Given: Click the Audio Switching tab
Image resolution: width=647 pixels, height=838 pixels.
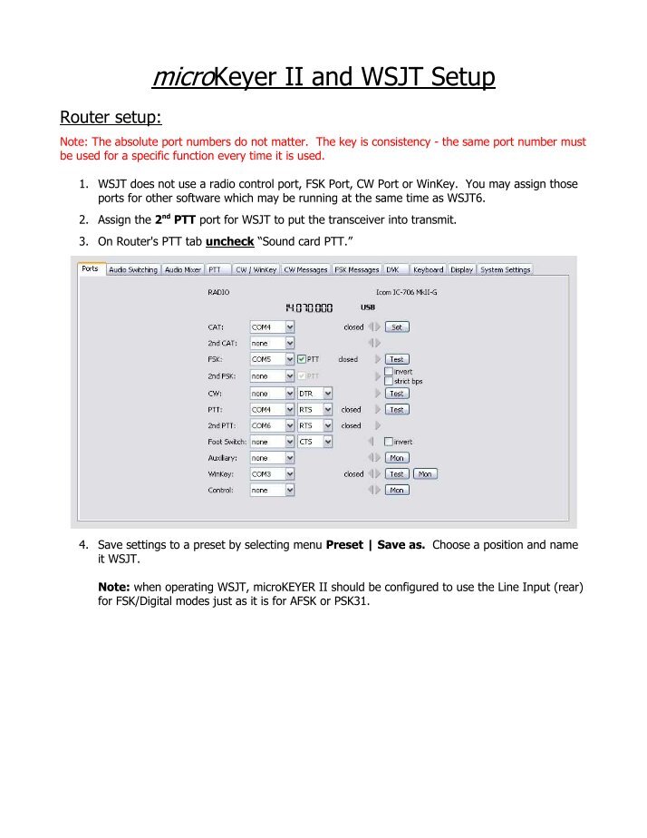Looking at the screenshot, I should pyautogui.click(x=133, y=269).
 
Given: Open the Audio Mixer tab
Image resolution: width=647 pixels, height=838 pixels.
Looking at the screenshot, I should pyautogui.click(x=182, y=269).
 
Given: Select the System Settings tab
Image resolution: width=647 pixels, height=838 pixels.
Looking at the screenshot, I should pyautogui.click(x=505, y=269).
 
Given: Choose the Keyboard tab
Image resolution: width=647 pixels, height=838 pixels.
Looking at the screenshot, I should pyautogui.click(x=428, y=269).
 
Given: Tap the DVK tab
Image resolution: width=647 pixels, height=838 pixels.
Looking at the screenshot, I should pyautogui.click(x=392, y=269).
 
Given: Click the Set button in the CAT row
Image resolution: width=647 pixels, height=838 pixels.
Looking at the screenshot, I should pyautogui.click(x=397, y=326).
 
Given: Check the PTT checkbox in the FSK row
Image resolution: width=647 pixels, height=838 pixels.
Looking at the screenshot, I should pyautogui.click(x=303, y=359).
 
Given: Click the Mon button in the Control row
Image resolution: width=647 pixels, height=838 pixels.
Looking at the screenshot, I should pyautogui.click(x=397, y=490).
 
